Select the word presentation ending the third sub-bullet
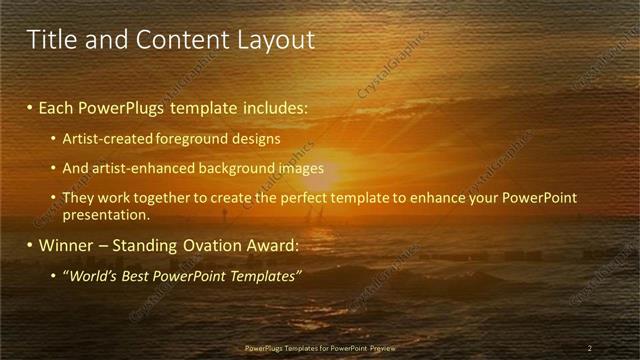(105, 214)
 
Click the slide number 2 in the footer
(590, 348)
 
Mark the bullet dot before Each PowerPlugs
(30, 107)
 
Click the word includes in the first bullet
(277, 106)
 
